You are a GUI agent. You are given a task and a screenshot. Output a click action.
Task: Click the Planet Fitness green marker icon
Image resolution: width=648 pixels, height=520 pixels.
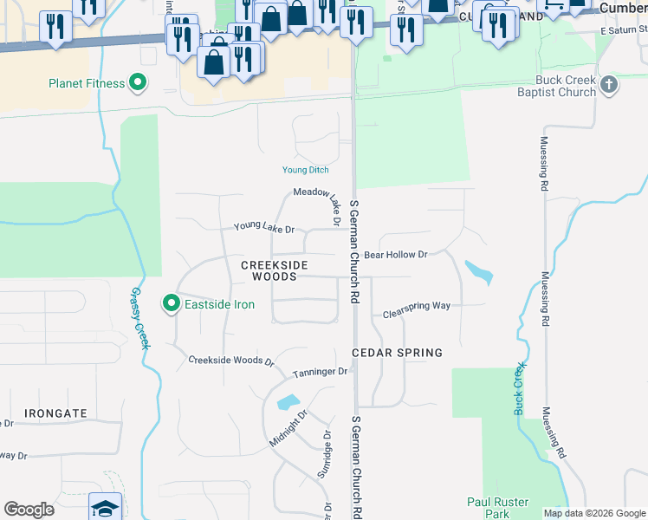(x=137, y=83)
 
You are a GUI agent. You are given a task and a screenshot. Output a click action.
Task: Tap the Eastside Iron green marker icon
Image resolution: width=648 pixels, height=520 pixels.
(x=172, y=303)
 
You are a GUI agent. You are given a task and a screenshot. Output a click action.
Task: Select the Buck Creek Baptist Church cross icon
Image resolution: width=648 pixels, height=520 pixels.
(x=609, y=84)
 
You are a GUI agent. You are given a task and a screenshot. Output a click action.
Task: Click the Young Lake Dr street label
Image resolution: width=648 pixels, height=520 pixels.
(x=264, y=229)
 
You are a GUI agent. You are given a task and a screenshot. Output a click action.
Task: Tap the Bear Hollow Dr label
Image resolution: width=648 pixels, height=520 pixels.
(x=396, y=255)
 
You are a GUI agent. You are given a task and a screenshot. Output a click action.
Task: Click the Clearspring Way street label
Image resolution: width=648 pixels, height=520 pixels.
(x=417, y=308)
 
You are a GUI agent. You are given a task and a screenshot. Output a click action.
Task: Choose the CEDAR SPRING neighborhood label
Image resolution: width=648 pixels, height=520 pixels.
(x=397, y=353)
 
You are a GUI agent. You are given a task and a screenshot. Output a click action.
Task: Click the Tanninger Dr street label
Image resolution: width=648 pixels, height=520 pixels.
(x=320, y=372)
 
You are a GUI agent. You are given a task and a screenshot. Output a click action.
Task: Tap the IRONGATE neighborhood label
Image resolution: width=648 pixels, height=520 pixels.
(x=55, y=413)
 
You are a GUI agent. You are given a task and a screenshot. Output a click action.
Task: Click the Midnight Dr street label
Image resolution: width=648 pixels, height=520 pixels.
(x=288, y=428)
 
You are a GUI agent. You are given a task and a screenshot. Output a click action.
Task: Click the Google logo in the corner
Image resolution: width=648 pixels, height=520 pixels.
(x=29, y=510)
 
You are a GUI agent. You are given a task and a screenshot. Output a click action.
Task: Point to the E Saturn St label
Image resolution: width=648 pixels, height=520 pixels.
(x=624, y=30)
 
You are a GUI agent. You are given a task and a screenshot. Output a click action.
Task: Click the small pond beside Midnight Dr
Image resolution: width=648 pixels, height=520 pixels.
(x=288, y=402)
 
